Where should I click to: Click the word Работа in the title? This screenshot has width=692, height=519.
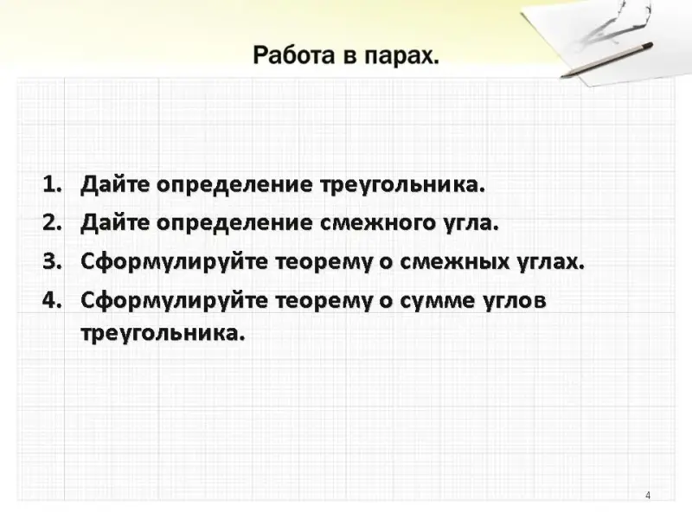pyautogui.click(x=293, y=55)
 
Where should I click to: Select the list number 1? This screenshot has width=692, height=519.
pyautogui.click(x=52, y=184)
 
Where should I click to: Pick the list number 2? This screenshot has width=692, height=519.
pyautogui.click(x=52, y=223)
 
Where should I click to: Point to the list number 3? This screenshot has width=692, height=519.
pyautogui.click(x=52, y=261)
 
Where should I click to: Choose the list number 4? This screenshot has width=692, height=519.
pyautogui.click(x=52, y=300)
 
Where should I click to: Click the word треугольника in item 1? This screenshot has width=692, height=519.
pyautogui.click(x=402, y=185)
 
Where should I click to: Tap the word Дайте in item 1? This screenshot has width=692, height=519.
pyautogui.click(x=116, y=184)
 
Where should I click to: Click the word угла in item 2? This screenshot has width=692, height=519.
pyautogui.click(x=471, y=224)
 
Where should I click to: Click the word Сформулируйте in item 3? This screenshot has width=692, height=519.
pyautogui.click(x=175, y=263)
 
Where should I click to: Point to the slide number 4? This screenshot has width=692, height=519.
pyautogui.click(x=648, y=495)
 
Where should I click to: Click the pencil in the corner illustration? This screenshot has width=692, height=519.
pyautogui.click(x=607, y=60)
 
